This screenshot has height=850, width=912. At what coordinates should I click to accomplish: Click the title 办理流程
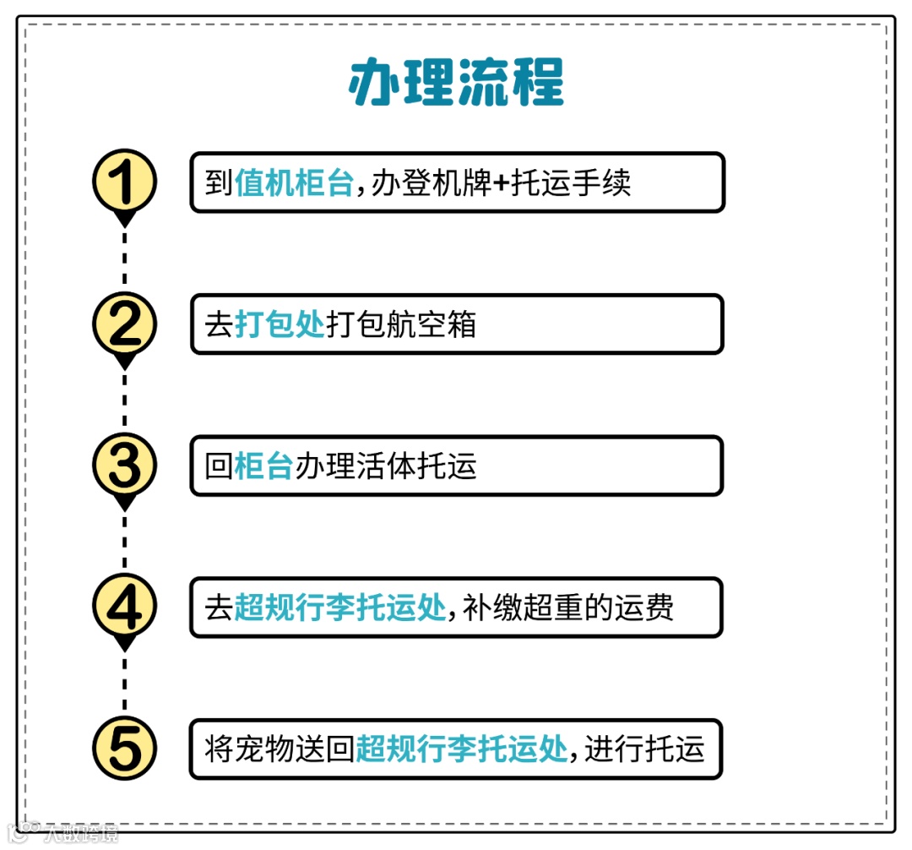point(456,83)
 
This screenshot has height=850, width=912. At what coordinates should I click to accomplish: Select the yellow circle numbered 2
point(124,324)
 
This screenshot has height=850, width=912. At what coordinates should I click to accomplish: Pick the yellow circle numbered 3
point(124,466)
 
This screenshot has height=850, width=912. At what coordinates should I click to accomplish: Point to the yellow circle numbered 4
point(124,608)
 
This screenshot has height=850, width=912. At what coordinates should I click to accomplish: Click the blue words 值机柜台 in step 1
point(294,183)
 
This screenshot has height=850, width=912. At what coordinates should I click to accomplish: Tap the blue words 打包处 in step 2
point(280,324)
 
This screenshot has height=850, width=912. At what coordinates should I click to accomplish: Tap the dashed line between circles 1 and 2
point(125,258)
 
